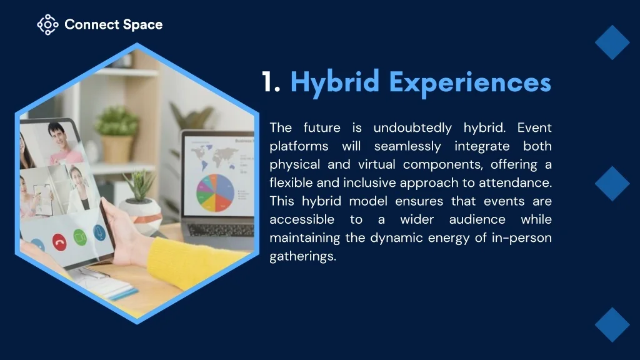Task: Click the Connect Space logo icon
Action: [x=47, y=24]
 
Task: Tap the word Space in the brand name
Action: [x=142, y=25]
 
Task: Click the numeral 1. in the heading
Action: [x=271, y=82]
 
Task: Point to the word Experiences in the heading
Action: [x=470, y=83]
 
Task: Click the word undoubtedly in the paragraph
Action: [x=412, y=127]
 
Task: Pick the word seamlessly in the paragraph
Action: [x=407, y=146]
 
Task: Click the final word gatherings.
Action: [x=303, y=256]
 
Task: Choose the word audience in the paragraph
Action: [x=477, y=219]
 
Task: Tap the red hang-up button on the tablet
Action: [x=59, y=242]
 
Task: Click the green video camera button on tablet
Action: [x=80, y=237]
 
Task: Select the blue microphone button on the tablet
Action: [x=99, y=232]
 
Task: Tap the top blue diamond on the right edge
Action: [x=612, y=42]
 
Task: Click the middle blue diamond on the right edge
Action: [x=612, y=184]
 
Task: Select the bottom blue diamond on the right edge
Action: [x=612, y=325]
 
